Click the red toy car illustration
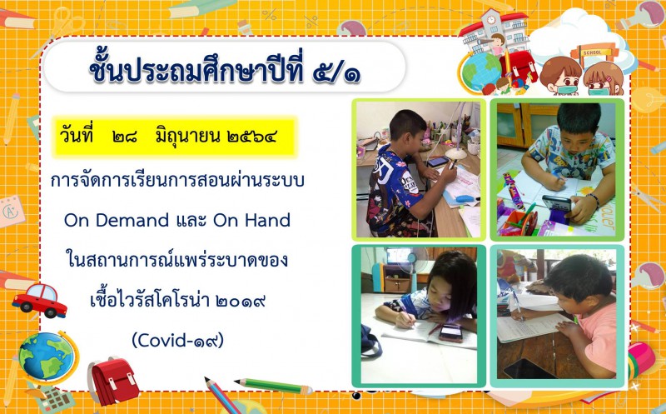point(40,301)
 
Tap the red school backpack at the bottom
point(113,381)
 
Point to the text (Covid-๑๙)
point(177,340)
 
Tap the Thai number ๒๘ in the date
point(125,137)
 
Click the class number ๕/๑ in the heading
point(336,72)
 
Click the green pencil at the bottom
point(274,386)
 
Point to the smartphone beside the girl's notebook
point(450,332)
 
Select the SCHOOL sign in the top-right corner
point(593,52)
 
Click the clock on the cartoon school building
point(491,19)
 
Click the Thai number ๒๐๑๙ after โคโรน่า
point(241,301)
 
